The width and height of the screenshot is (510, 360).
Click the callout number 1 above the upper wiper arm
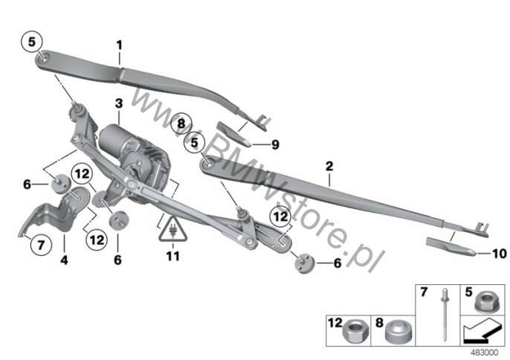pos(120,45)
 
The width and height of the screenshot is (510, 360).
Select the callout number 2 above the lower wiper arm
pos(329,167)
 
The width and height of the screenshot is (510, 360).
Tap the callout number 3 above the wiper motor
pos(119,103)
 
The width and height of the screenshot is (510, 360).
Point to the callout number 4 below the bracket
pos(64,260)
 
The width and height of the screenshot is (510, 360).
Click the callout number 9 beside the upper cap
pos(275,144)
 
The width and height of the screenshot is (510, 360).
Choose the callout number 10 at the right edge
pos(500,254)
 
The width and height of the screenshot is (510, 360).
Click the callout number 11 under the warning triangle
pos(173,256)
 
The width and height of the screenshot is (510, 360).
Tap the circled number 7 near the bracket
pos(41,245)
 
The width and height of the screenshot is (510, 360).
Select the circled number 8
pos(181,124)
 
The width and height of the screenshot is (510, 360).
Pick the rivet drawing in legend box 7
pos(444,314)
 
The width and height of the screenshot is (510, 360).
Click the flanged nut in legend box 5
pos(485,302)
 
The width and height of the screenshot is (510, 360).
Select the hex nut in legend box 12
pos(355,331)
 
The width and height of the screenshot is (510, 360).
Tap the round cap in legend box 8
pos(398,331)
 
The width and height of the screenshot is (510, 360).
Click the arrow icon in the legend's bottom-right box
pos(482,330)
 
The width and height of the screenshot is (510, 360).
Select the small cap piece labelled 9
pos(233,134)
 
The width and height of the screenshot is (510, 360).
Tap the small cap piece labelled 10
pos(451,246)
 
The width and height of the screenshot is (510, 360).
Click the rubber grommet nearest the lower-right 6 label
pos(305,263)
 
